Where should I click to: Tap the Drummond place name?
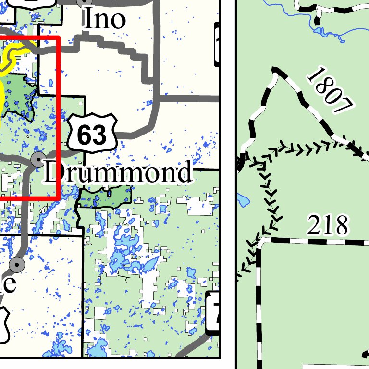117,172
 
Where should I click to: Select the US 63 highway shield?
92,133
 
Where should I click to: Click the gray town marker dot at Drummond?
37,159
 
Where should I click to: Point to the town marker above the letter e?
17,264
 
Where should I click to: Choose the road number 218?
327,224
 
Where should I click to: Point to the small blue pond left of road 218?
242,198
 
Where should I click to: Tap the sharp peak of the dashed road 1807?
275,70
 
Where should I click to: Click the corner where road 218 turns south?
260,240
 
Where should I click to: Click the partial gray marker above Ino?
83,2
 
